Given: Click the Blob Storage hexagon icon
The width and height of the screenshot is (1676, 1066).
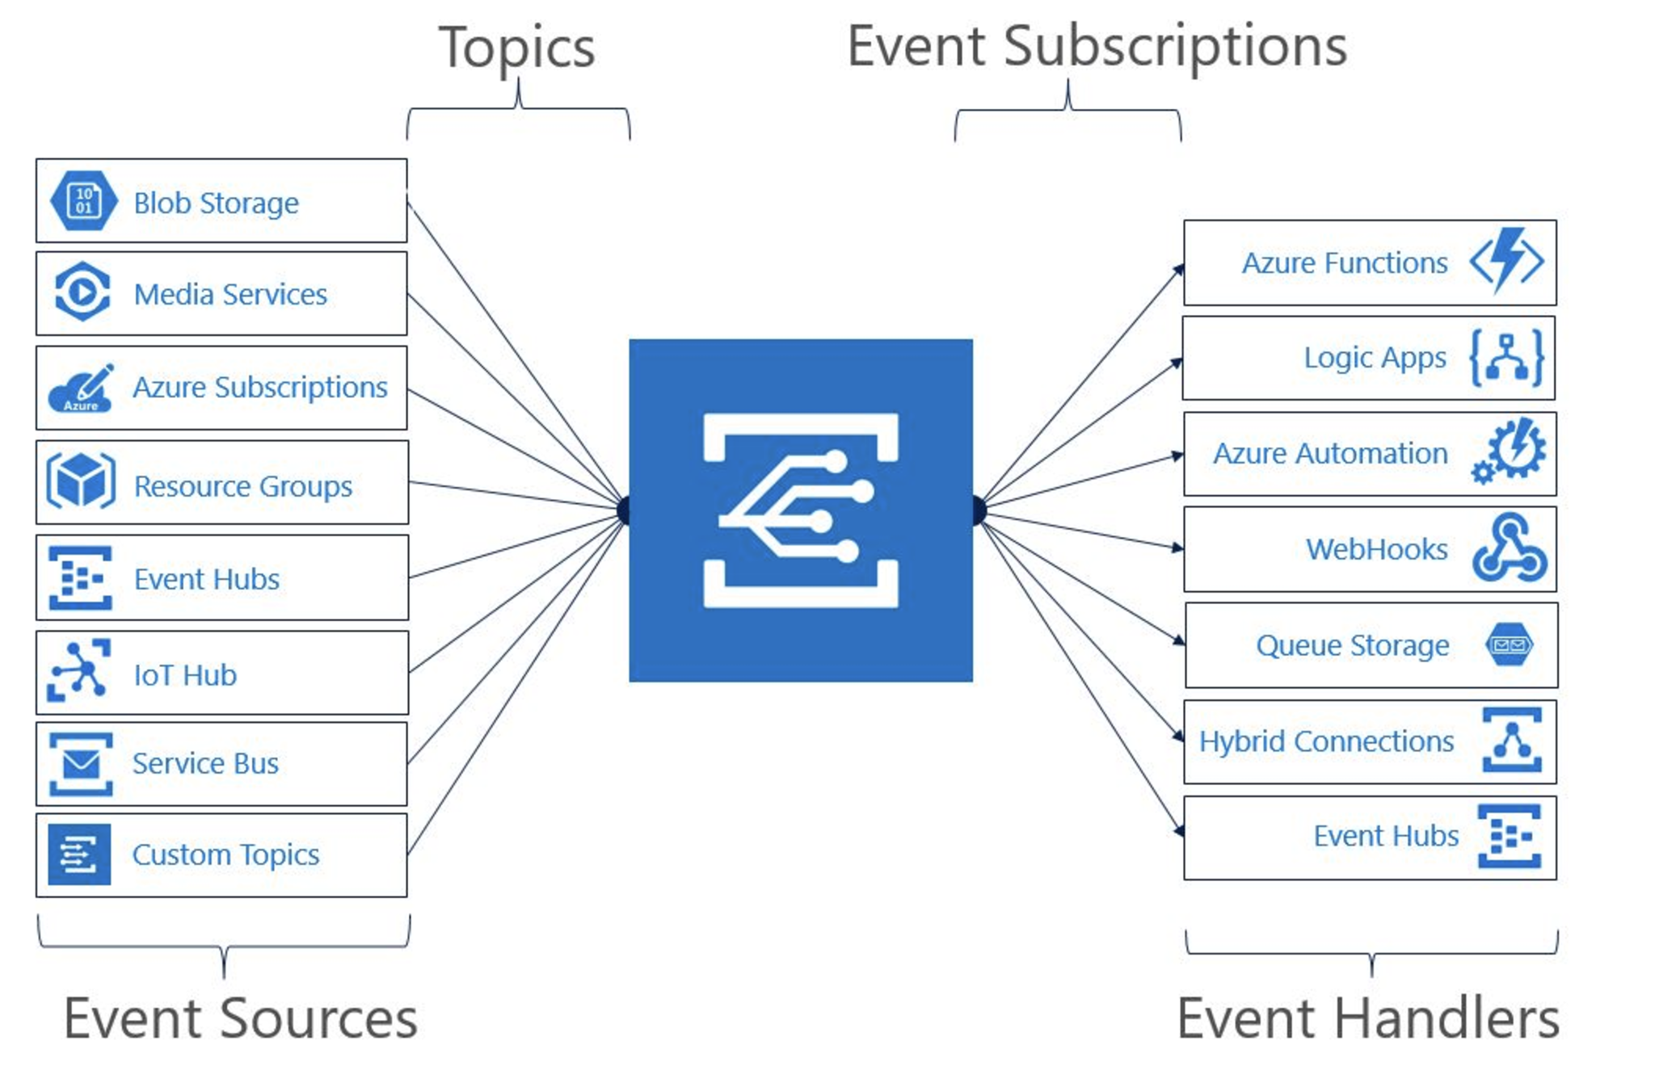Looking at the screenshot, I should pos(83,201).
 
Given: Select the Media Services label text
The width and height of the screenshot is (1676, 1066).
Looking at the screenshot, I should pos(230,295).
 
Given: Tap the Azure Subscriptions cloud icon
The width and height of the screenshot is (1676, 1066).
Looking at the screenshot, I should pos(81,389).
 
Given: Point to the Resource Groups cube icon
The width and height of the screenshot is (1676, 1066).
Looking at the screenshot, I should pos(81,481).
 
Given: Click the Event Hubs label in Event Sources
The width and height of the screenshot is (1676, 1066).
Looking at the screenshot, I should pos(206,580).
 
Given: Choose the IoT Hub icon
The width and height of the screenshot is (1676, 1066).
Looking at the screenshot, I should pos(79,671).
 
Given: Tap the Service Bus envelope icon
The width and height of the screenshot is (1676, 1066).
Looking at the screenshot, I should pos(81,764).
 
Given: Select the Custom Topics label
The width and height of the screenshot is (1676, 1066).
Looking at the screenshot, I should pos(225,855).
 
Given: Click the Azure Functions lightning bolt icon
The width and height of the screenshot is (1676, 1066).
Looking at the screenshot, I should pos(1507,260).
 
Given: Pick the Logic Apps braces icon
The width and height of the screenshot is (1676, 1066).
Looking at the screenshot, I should pos(1507,358).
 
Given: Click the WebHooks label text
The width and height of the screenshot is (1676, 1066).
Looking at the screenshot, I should pos(1376,550).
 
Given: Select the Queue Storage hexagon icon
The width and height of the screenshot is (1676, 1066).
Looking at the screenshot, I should pos(1509,645).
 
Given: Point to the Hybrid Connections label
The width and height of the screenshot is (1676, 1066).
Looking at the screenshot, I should pos(1326,741).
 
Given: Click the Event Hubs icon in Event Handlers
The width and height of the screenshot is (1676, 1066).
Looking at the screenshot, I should pos(1509,836).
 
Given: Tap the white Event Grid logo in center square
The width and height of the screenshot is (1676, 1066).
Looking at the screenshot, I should pos(800,510).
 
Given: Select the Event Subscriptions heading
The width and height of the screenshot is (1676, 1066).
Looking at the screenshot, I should pos(1097,46).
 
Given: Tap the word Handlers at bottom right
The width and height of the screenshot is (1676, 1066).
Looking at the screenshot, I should pos(1446,1019).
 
